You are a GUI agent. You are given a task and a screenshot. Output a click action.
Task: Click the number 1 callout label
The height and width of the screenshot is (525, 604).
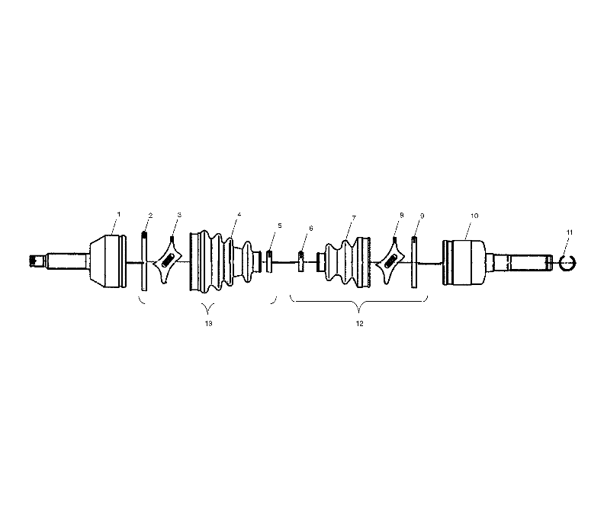point(119,214)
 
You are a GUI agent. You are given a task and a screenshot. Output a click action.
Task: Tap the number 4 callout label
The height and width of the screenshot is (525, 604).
point(239,214)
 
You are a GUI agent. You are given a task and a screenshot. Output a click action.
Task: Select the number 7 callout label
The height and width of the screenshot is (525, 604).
point(354,218)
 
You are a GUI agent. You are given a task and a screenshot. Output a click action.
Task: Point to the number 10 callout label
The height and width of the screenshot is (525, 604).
point(474,216)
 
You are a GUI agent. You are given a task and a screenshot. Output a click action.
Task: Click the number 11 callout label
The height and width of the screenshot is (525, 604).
point(570,232)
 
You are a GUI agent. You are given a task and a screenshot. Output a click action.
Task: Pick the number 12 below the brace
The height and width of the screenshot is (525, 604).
point(359,324)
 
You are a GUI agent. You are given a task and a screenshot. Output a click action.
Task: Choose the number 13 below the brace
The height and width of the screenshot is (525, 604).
point(208,323)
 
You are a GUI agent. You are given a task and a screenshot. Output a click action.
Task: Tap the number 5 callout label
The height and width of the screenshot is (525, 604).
point(280,226)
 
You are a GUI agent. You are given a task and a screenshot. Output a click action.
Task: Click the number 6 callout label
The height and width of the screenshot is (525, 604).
point(311,229)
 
